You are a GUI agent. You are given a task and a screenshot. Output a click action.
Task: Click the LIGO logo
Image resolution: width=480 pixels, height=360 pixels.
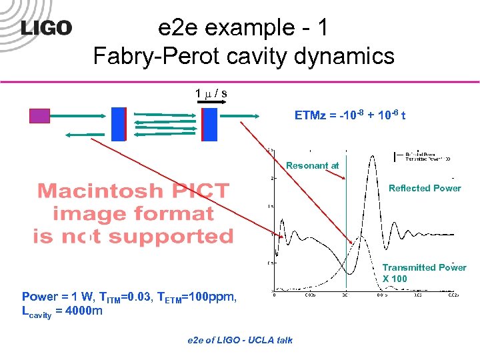coord(46,27)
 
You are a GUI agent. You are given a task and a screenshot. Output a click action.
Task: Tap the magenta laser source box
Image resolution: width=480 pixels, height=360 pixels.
coord(39,117)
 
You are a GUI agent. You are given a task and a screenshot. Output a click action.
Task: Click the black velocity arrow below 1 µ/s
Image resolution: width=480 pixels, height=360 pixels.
coord(211,105)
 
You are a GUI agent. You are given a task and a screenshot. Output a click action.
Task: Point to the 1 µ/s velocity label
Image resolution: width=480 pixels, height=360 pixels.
coord(211,93)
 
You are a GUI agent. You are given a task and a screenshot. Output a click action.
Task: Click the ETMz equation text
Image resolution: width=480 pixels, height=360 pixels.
coord(350,115)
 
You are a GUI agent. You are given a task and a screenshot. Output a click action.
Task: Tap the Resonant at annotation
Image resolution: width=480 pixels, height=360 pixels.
coord(312,165)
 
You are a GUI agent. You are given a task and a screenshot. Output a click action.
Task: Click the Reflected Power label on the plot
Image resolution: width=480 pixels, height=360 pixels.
coord(425,188)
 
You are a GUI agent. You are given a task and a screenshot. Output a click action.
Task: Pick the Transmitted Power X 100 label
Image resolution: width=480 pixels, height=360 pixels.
coord(424,273)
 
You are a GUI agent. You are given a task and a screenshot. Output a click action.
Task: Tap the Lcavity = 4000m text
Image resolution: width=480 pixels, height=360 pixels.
coord(62,310)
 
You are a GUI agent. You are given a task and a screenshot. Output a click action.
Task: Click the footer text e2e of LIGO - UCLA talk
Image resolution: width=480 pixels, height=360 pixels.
coord(239,340)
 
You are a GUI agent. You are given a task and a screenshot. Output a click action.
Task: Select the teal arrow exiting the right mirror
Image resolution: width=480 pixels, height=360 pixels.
coord(240,116)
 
